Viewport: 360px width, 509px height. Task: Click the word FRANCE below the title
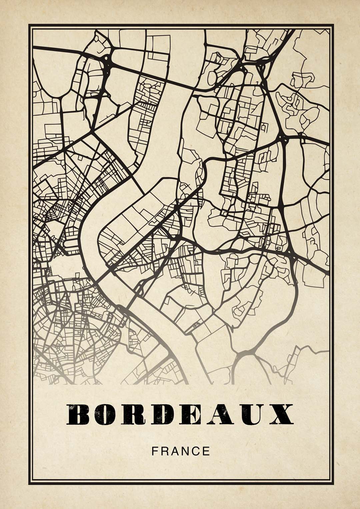pyautogui.click(x=181, y=451)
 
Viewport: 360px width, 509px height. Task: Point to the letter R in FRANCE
pyautogui.click(x=165, y=451)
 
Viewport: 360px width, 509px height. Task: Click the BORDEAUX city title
pyautogui.click(x=180, y=415)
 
